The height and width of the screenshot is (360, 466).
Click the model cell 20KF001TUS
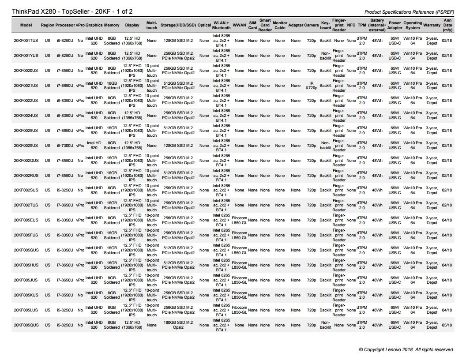coord(26,41)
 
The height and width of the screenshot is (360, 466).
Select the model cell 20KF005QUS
coord(26,325)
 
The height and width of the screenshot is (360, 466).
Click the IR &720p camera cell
coord(311,86)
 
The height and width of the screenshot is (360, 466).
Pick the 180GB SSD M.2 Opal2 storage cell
coord(178,325)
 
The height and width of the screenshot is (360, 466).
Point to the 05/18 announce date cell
coord(447,325)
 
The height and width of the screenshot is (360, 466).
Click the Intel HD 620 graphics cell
coord(94,146)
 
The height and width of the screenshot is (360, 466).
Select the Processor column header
coord(65,25)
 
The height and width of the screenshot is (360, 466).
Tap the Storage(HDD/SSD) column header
coord(178,25)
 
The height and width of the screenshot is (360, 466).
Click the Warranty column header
coord(432,25)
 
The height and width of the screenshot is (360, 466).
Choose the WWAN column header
coord(239,25)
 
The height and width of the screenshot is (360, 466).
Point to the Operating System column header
coord(413,25)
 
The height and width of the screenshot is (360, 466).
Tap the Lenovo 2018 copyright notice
coord(406,349)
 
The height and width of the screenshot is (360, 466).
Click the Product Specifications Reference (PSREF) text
coord(409,12)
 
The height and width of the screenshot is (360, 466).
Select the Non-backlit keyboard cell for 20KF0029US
coord(325,146)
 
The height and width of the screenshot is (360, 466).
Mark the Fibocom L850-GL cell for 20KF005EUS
coord(239,220)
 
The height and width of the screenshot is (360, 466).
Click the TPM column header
coord(362,25)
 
